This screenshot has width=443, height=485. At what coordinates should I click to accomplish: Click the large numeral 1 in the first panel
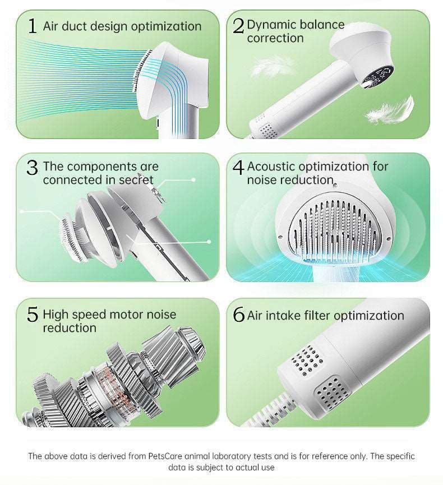pos(32,25)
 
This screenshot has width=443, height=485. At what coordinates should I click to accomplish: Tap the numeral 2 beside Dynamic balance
pos(238,26)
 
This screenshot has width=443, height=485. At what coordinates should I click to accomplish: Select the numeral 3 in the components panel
pos(32,168)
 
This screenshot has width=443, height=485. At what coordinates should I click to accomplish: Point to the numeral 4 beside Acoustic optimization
pos(238,168)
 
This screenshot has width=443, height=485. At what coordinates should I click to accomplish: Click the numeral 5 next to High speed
pos(33,315)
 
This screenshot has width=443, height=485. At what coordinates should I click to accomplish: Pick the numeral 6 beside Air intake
pos(238,315)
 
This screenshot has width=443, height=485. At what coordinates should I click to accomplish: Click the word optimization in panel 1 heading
pos(167,26)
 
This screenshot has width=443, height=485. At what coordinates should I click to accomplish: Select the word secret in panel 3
pos(136,180)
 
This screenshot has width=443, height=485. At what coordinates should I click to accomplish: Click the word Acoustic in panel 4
pos(271,167)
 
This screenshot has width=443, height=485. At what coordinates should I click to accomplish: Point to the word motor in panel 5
pos(126,315)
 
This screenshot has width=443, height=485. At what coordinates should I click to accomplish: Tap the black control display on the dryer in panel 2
pos(378,77)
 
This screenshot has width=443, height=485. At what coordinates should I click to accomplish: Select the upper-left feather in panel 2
pos(272,66)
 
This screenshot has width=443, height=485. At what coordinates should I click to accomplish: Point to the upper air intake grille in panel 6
pos(307,360)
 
